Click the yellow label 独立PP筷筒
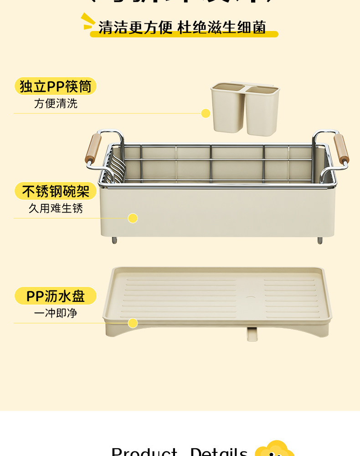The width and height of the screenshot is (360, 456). [56, 86]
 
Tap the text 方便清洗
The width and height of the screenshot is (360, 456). [56, 104]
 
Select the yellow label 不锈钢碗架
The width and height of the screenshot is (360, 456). [56, 191]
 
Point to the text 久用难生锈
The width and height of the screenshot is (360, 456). [56, 208]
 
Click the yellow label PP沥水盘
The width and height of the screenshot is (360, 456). [56, 296]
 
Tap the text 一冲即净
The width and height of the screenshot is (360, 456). [56, 313]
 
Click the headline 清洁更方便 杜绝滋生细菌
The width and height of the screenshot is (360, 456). [182, 27]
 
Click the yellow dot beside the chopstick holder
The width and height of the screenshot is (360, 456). [206, 113]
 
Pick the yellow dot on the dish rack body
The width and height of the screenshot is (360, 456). [133, 218]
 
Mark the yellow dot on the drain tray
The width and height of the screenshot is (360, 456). [133, 323]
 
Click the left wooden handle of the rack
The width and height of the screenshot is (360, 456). [93, 148]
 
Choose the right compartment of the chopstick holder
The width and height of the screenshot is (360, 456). [262, 110]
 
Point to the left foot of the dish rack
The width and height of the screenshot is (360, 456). [114, 240]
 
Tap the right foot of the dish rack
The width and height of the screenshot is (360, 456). [320, 240]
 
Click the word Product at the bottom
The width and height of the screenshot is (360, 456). [144, 451]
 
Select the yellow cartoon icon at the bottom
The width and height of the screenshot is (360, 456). [274, 449]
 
